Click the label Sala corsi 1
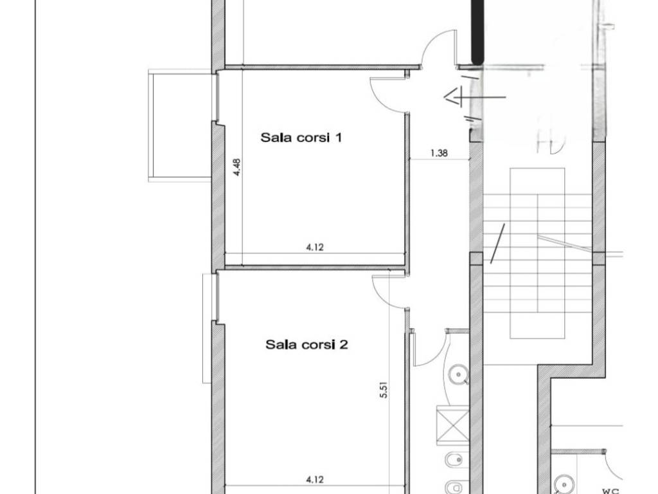[301, 138]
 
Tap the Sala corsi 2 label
[307, 345]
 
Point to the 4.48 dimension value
[236, 167]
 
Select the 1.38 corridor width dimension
[439, 153]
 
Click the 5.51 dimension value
[384, 389]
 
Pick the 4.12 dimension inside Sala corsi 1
[315, 248]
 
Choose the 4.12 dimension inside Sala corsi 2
[315, 479]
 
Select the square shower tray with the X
[453, 425]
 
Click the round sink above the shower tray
[458, 374]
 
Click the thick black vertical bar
[477, 32]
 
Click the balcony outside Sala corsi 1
[179, 125]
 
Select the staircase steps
[538, 253]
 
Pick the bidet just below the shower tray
[454, 461]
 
